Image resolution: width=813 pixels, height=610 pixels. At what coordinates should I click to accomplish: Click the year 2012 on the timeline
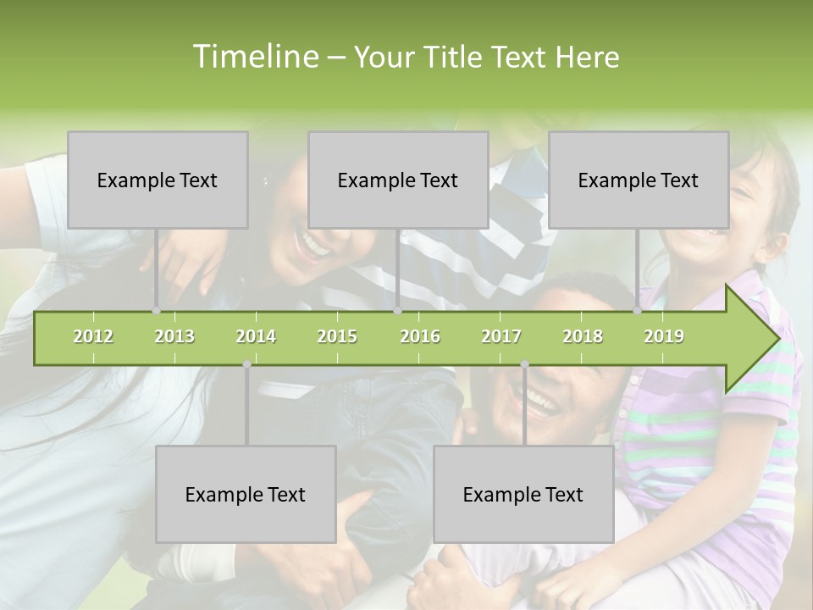click(93, 337)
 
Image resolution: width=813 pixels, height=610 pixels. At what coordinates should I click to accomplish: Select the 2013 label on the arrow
click(174, 337)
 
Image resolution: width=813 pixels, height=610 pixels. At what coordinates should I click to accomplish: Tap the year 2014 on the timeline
click(256, 337)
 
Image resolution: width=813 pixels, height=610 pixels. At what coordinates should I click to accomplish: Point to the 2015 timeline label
click(337, 337)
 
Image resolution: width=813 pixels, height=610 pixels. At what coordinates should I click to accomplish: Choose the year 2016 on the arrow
click(420, 337)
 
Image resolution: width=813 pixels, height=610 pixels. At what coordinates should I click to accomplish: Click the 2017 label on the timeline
click(501, 337)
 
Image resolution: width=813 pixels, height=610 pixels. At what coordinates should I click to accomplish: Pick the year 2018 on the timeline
click(583, 337)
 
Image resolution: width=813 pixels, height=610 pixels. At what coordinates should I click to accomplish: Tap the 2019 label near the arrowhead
click(664, 337)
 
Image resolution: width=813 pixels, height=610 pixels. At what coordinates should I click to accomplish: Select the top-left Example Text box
click(158, 180)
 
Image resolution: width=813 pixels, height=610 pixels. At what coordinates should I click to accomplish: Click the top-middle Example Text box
click(398, 180)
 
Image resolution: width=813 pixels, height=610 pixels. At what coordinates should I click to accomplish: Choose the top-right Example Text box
click(639, 180)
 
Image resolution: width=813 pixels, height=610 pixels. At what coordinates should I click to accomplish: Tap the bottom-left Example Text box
click(246, 494)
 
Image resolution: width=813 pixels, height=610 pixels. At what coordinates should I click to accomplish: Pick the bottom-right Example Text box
click(523, 494)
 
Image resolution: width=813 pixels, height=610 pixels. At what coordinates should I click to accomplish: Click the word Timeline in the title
click(254, 57)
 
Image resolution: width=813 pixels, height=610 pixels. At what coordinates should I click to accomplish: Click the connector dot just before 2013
click(157, 311)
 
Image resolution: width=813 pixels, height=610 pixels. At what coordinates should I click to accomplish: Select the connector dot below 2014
click(246, 364)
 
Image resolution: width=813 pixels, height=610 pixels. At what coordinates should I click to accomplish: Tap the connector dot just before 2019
click(638, 311)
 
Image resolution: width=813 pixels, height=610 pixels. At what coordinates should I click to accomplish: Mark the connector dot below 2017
click(524, 364)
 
